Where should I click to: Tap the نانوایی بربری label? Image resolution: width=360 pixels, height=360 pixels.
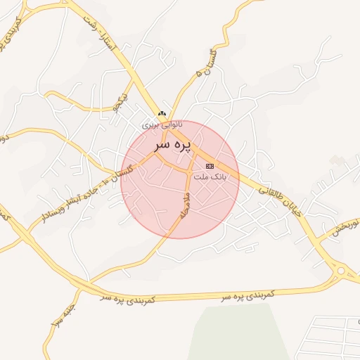[162, 124]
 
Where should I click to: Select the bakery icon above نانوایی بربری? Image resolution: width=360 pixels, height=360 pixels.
[162, 113]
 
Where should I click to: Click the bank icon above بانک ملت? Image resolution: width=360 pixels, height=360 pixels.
[210, 166]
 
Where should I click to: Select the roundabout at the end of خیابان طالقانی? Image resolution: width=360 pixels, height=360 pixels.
[342, 271]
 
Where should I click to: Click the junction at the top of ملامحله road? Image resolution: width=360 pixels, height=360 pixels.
[190, 172]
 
